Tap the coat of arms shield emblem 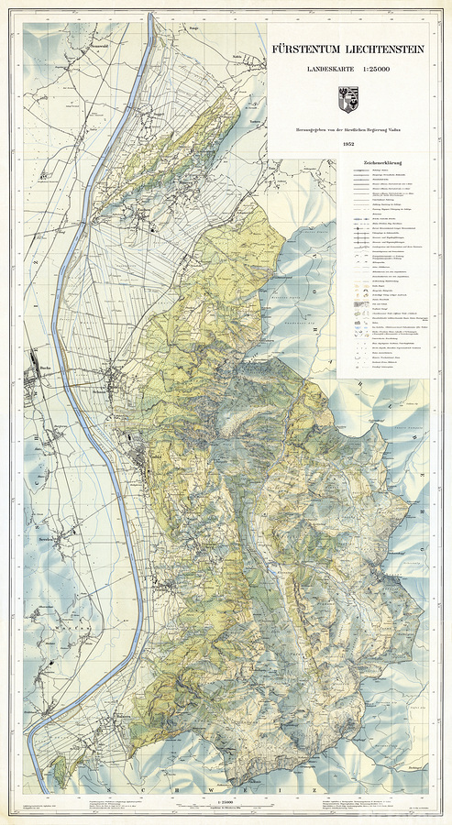(x=347, y=94)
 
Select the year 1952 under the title (x=348, y=144)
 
